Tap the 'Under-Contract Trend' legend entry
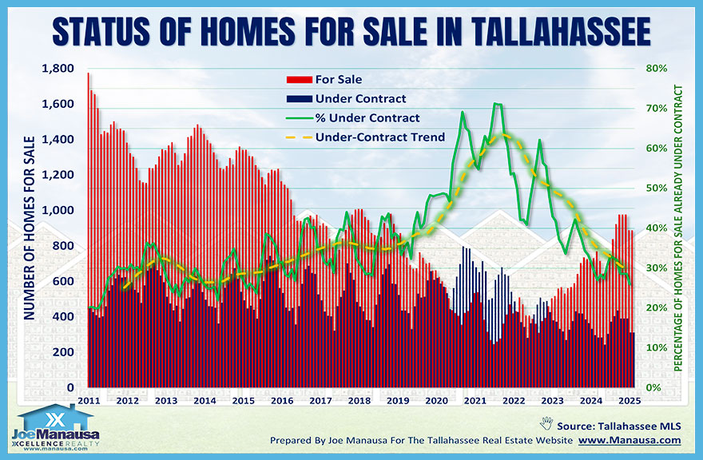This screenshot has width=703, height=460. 379,137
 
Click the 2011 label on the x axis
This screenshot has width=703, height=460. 88,400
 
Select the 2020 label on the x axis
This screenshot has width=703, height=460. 437,400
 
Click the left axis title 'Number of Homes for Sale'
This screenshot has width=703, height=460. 29,228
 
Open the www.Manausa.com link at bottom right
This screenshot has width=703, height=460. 630,440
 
